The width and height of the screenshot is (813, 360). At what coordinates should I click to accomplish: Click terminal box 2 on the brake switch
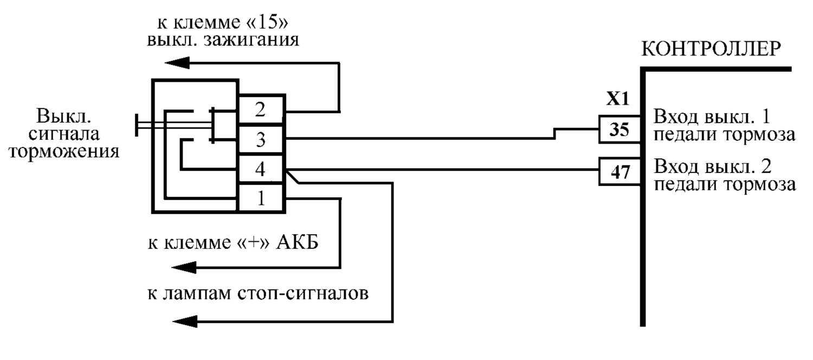(261, 110)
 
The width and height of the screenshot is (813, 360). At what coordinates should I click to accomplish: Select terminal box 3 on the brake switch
(261, 139)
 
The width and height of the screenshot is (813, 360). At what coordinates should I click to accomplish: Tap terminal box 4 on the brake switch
(261, 169)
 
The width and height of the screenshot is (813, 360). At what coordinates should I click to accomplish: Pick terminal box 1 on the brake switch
(261, 198)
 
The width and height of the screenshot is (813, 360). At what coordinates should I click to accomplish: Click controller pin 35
(619, 130)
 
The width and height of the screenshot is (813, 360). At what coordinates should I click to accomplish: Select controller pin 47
(619, 172)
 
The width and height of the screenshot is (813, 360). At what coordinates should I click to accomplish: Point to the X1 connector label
(617, 99)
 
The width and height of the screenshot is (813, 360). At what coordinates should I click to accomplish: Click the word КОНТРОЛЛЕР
(711, 49)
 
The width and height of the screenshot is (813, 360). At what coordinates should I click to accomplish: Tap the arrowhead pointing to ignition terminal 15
(177, 63)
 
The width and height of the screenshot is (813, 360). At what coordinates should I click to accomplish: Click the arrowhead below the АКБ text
(184, 268)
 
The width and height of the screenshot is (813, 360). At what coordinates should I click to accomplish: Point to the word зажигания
(251, 41)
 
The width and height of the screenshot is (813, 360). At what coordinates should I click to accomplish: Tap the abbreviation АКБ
(297, 242)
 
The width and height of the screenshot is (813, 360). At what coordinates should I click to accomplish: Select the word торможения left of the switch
(64, 151)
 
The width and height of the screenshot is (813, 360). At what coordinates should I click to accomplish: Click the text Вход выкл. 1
(712, 117)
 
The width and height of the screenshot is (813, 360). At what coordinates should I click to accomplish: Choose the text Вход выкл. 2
(713, 166)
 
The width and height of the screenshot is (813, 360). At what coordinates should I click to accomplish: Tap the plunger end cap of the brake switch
(137, 125)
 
